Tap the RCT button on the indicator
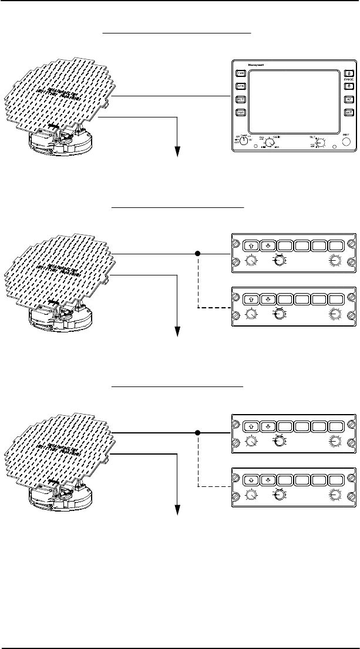coord(240,100)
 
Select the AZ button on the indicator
coord(348,100)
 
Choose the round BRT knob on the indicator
coord(346,142)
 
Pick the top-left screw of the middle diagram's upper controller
coord(236,242)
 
